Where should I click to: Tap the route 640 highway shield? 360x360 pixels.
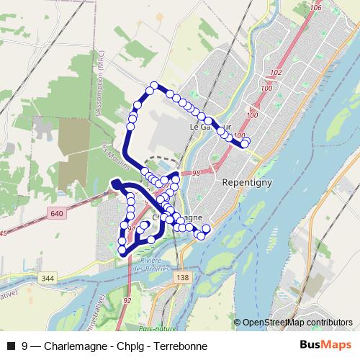58,214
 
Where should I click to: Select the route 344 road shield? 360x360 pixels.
48,277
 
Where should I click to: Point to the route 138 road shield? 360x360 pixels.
183,277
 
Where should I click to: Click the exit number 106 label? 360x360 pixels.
294,8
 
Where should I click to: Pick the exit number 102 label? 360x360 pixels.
275,73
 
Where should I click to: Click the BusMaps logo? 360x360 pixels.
325,344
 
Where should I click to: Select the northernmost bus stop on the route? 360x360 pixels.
153,87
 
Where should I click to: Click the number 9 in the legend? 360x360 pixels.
25,345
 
